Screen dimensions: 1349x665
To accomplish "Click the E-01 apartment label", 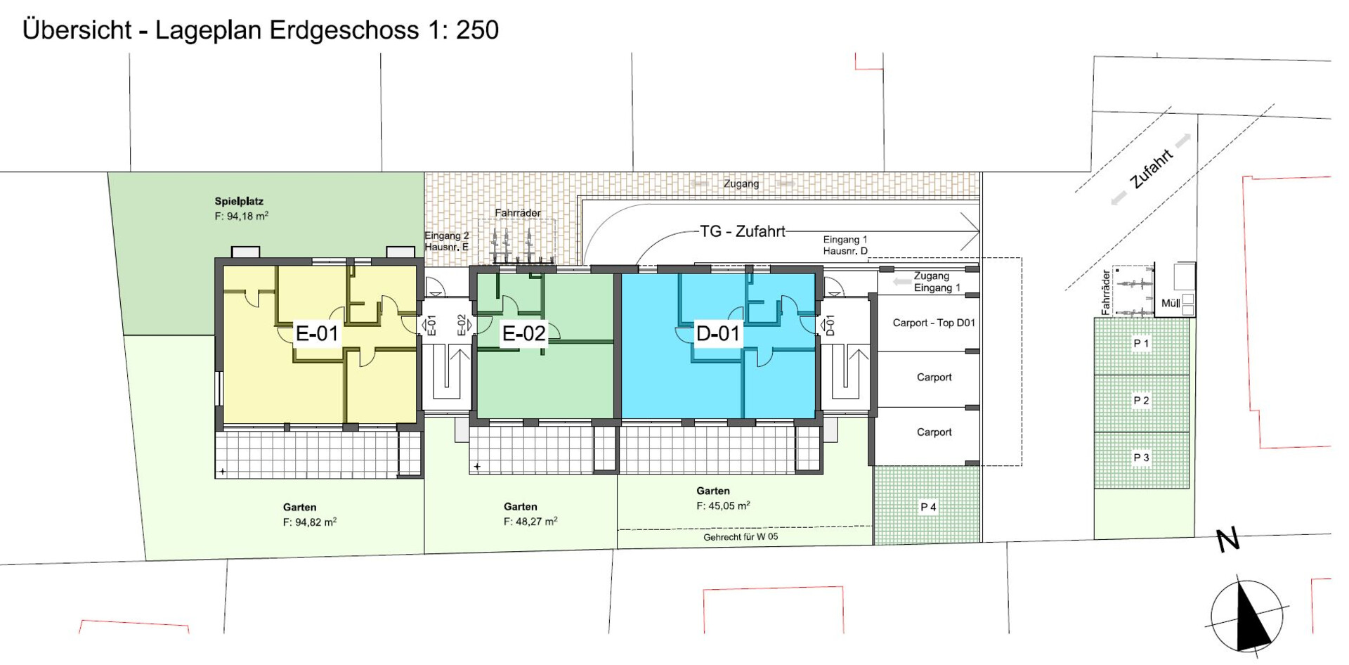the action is coord(318,333).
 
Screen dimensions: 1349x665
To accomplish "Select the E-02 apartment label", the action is coord(523,333).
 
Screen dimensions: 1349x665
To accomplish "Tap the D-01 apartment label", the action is coord(717,333).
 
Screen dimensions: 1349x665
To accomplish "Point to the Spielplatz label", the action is coord(239,202).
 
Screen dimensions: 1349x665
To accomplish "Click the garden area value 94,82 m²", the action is coord(310,522).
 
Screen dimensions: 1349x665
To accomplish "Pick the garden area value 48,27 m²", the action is coord(530,522).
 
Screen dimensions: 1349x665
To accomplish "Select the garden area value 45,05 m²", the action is coord(723,505).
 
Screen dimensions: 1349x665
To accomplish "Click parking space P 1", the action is coord(1141,344).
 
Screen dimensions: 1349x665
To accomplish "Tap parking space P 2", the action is coord(1141,401).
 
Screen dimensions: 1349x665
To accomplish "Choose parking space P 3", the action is coord(1141,458).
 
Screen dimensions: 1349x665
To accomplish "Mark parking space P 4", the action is coord(928,507).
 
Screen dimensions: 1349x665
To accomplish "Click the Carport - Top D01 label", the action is coord(934,323).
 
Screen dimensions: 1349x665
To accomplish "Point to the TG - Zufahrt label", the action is coord(743,231).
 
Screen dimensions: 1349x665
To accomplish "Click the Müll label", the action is coord(1171,303).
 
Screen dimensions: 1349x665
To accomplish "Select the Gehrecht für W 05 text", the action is coord(741,537).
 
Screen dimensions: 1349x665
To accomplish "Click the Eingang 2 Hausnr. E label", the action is coord(446,241).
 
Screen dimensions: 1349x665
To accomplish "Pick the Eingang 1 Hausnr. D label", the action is coord(845,245).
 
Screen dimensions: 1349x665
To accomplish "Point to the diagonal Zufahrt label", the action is coord(1152,169).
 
